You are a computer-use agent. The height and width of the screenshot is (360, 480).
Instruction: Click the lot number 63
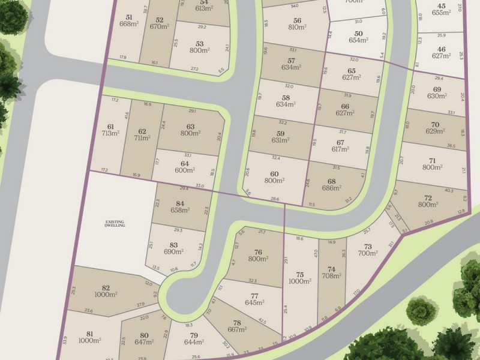point(191,127)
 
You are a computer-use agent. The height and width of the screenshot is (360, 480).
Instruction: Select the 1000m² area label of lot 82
point(106,295)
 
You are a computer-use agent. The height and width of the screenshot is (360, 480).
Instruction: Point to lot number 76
point(258,252)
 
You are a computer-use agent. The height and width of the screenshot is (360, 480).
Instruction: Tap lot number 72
point(428,197)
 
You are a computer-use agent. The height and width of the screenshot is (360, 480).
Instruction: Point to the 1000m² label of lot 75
point(301,281)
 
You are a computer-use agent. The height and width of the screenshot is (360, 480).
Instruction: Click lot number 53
point(200,43)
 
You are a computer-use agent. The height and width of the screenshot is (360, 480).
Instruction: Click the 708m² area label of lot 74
point(331,276)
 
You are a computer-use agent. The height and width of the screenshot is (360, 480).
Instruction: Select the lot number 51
point(129,17)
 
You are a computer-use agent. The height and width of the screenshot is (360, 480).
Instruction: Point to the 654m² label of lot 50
point(359,40)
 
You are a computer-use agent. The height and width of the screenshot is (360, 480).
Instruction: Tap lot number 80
point(144,335)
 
